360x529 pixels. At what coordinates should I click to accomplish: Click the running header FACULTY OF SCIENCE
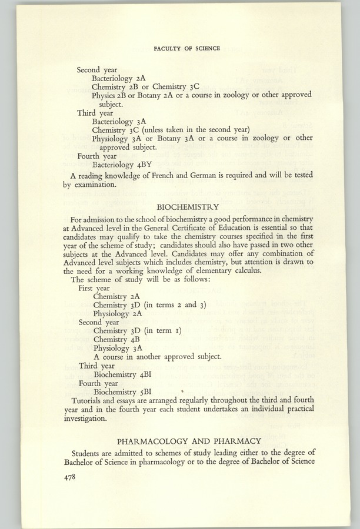[x=186, y=49]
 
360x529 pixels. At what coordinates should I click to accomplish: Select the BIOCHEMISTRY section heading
[x=189, y=206]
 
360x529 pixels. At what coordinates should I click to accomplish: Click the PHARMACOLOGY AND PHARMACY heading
[x=189, y=441]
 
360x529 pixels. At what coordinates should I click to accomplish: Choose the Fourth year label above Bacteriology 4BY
[x=98, y=157]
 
